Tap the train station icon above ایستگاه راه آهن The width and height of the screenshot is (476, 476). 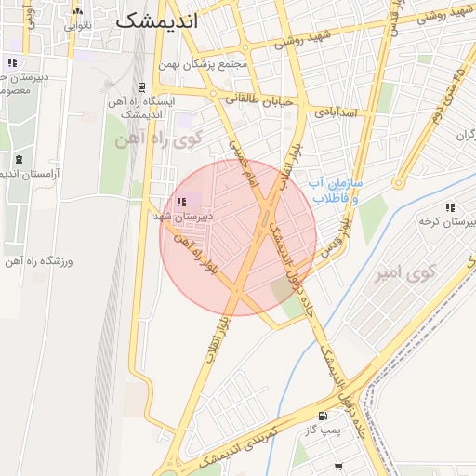tap(140, 85)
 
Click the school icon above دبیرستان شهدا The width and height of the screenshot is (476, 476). tap(180, 202)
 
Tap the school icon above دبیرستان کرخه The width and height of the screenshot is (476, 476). tap(450, 208)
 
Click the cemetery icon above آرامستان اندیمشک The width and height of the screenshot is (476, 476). tap(18, 159)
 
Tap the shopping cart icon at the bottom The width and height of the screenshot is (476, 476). tap(337, 468)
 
